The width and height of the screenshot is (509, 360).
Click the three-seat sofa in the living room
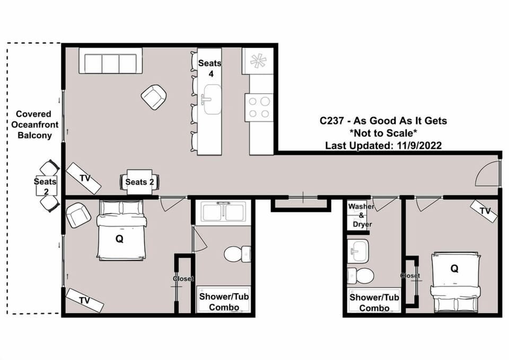coord(110,60)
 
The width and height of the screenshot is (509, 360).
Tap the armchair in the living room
coord(154,97)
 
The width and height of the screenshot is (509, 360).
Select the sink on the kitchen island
coord(212,99)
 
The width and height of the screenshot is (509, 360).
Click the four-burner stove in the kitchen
coord(259,107)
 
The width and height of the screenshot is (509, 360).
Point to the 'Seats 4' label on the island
coord(210,68)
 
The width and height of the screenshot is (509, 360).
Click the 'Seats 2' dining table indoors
coord(139,182)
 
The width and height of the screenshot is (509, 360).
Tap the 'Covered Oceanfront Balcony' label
coord(34,125)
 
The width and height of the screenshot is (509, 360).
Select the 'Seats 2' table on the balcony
coord(46,186)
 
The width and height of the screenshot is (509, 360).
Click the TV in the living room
coord(84,178)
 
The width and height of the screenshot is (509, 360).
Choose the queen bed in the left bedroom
coord(121,230)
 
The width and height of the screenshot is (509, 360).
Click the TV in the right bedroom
coord(484,210)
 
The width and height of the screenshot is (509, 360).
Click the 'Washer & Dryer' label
coord(361,215)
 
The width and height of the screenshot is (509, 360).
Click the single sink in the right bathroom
coord(358,251)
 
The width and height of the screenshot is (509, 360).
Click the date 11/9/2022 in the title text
coord(419,145)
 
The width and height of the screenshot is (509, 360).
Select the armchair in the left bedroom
coord(78,215)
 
